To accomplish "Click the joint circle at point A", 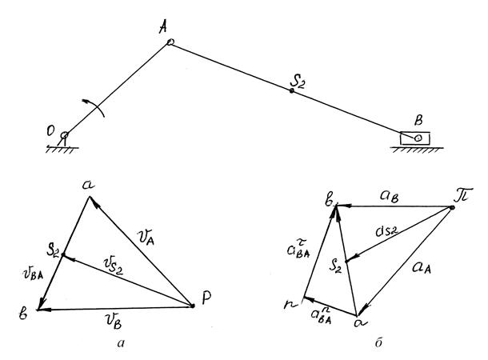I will coord(170,43).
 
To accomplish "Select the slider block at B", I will coord(415,138).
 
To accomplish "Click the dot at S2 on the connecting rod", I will coord(292,91).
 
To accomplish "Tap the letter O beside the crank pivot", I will coord(52,131).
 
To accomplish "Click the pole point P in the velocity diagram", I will coord(194,305).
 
